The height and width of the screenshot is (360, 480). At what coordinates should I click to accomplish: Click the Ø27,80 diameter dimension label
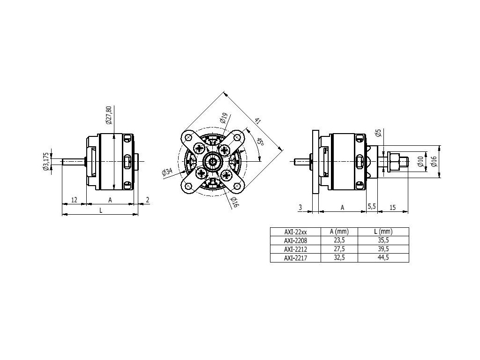point(109,115)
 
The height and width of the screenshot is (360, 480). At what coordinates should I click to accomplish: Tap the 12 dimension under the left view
point(74,200)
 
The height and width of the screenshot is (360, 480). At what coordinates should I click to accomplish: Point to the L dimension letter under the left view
point(100,210)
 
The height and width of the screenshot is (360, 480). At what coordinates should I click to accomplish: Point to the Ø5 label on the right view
point(379,133)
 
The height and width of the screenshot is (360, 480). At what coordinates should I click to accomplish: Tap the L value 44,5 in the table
point(383,257)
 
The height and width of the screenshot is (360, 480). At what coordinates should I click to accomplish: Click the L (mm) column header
point(383,231)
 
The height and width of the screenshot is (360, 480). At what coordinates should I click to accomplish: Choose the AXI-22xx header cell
point(295,231)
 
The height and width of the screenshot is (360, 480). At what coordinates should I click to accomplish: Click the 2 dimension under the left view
point(148,200)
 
